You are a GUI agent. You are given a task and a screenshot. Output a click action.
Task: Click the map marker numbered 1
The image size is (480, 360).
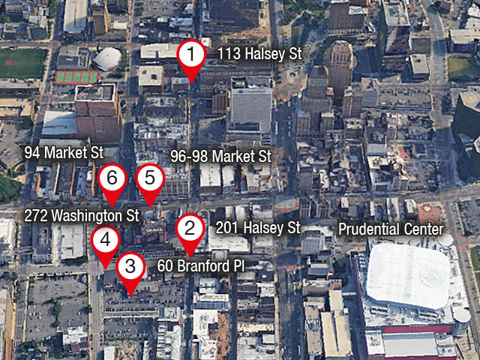tap(192, 55)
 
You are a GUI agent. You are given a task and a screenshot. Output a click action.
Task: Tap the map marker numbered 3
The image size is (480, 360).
tap(130, 266)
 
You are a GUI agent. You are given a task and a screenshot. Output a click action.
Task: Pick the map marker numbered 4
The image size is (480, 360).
tap(105, 241)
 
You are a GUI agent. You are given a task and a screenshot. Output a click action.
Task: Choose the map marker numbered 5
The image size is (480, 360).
tap(149, 178)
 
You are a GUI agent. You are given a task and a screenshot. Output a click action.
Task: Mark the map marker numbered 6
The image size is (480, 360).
tap(112, 178)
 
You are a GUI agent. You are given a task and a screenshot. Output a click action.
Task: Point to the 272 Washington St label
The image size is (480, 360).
tap(82, 215)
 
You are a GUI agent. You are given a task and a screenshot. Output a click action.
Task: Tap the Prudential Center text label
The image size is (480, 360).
tap(391, 229)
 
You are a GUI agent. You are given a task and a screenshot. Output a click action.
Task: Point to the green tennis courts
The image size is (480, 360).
tap(76, 76)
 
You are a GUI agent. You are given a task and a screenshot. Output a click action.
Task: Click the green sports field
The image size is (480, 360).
tap(21, 63)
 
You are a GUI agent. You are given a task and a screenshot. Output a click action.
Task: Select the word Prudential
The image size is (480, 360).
tap(369, 229)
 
